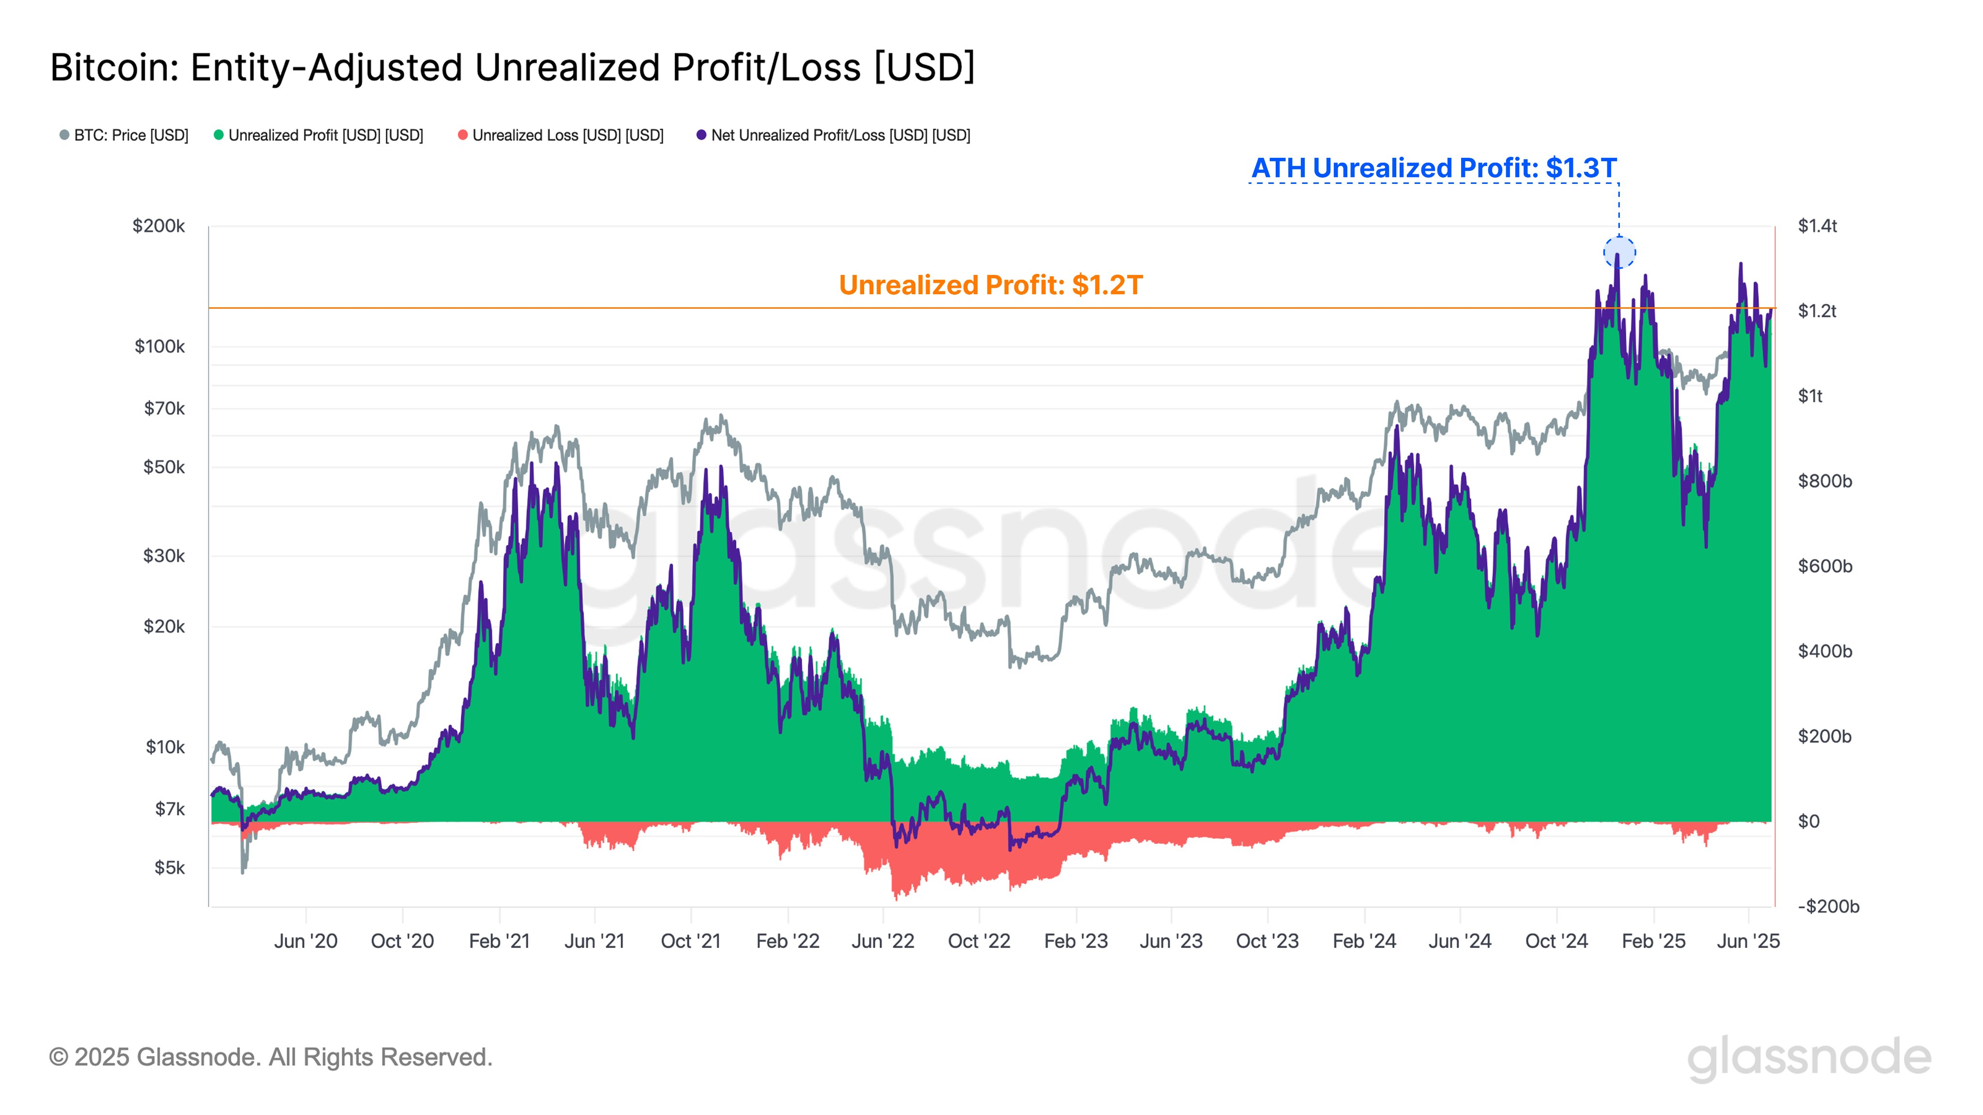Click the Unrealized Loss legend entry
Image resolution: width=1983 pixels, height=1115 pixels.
(561, 136)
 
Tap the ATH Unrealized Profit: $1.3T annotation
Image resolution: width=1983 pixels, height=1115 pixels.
(1434, 168)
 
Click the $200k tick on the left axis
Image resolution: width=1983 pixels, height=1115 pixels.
(159, 226)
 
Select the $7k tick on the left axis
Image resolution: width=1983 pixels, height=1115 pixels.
(169, 809)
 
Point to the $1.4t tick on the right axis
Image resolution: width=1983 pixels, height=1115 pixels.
(1817, 226)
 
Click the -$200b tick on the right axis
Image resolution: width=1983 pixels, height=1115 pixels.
(1828, 906)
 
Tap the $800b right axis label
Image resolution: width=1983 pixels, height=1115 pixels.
(1824, 482)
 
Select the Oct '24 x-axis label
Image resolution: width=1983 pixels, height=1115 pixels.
(1556, 941)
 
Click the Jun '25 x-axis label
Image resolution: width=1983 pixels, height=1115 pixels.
(1748, 941)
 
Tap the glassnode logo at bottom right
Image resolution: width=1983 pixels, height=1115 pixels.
(1809, 1059)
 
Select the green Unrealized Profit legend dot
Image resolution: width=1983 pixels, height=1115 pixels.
(219, 136)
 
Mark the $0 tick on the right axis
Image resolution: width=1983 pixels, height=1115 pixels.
(1808, 822)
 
